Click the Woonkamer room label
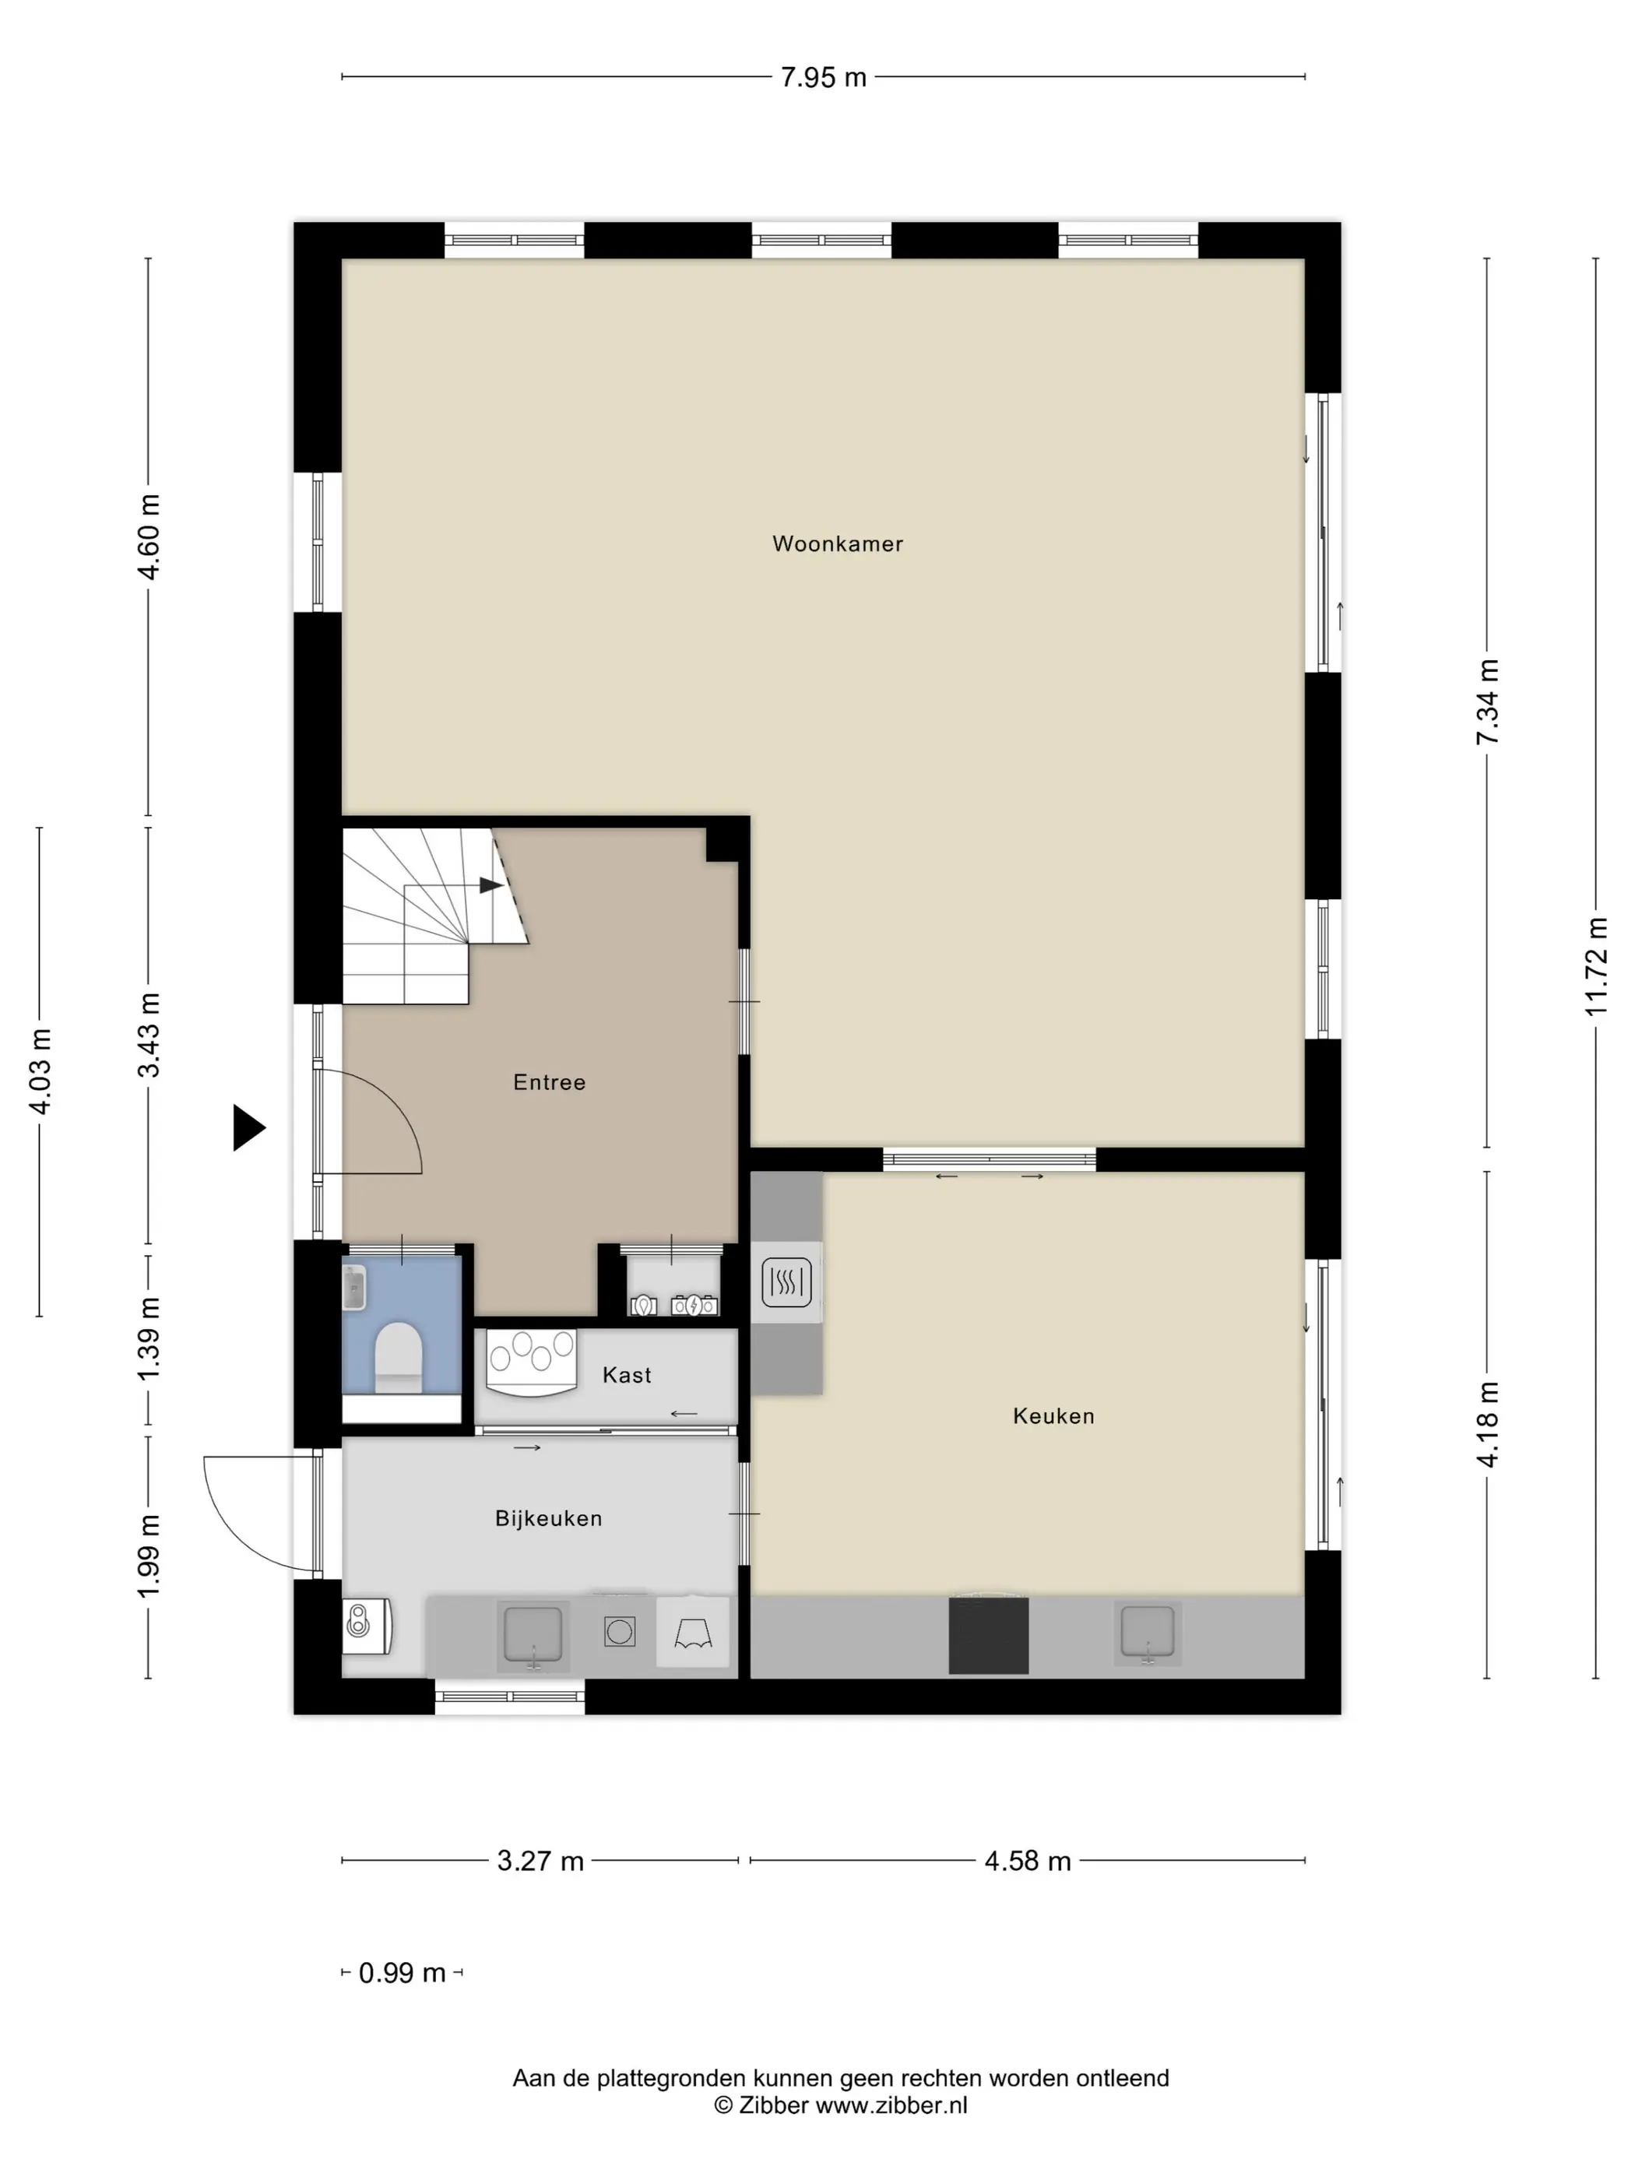[837, 544]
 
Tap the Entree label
[549, 1082]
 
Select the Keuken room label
[1053, 1416]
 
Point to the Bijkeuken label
[548, 1519]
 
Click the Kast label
[627, 1375]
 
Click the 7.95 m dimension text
[823, 78]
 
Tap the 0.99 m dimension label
[402, 1973]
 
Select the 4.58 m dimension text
[1027, 1861]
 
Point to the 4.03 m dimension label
[40, 1071]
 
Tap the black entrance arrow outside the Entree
[248, 1127]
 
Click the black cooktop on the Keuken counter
[989, 1636]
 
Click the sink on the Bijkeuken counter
[533, 1636]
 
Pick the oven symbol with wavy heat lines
[786, 1282]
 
